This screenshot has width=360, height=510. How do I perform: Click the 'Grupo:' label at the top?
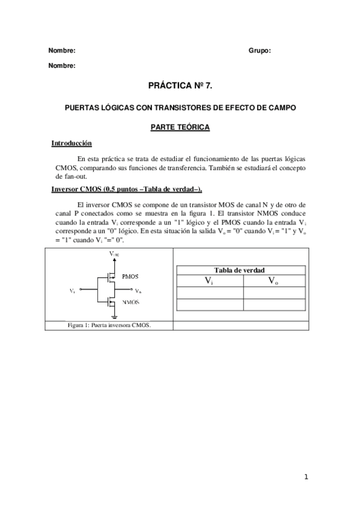point(260,51)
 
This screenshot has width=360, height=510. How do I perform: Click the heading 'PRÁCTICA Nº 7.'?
point(180,87)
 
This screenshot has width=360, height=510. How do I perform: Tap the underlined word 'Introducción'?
point(72,144)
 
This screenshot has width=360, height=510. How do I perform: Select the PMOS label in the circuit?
point(130,277)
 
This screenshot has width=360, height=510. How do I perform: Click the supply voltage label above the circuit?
point(114,255)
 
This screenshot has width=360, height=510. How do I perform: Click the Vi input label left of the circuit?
point(72,291)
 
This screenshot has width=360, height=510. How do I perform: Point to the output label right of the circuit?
point(138,291)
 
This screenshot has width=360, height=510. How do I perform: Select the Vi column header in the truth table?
point(209,281)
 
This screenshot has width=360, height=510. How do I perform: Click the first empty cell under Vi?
point(209,293)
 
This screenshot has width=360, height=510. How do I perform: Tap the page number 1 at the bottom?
point(305,478)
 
